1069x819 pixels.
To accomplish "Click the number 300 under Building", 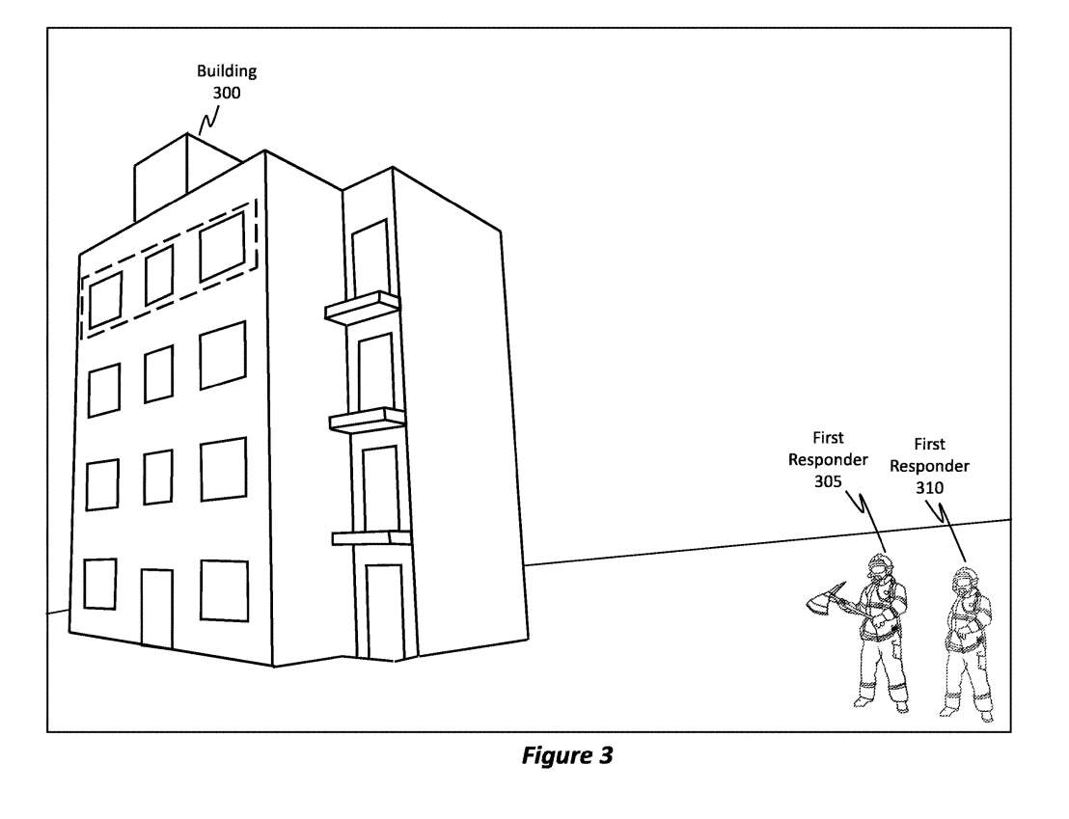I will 227,94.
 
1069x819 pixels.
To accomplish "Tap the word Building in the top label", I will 227,71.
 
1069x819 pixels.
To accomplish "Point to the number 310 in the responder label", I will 929,488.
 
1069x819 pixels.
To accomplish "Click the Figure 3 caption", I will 566,756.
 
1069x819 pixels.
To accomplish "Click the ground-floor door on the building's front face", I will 156,608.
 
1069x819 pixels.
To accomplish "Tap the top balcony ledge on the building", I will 362,307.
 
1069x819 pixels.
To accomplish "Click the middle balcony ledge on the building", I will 367,420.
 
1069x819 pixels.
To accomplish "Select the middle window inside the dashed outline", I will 159,275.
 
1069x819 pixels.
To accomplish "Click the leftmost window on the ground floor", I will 99,584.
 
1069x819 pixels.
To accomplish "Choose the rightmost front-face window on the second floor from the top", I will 223,354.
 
